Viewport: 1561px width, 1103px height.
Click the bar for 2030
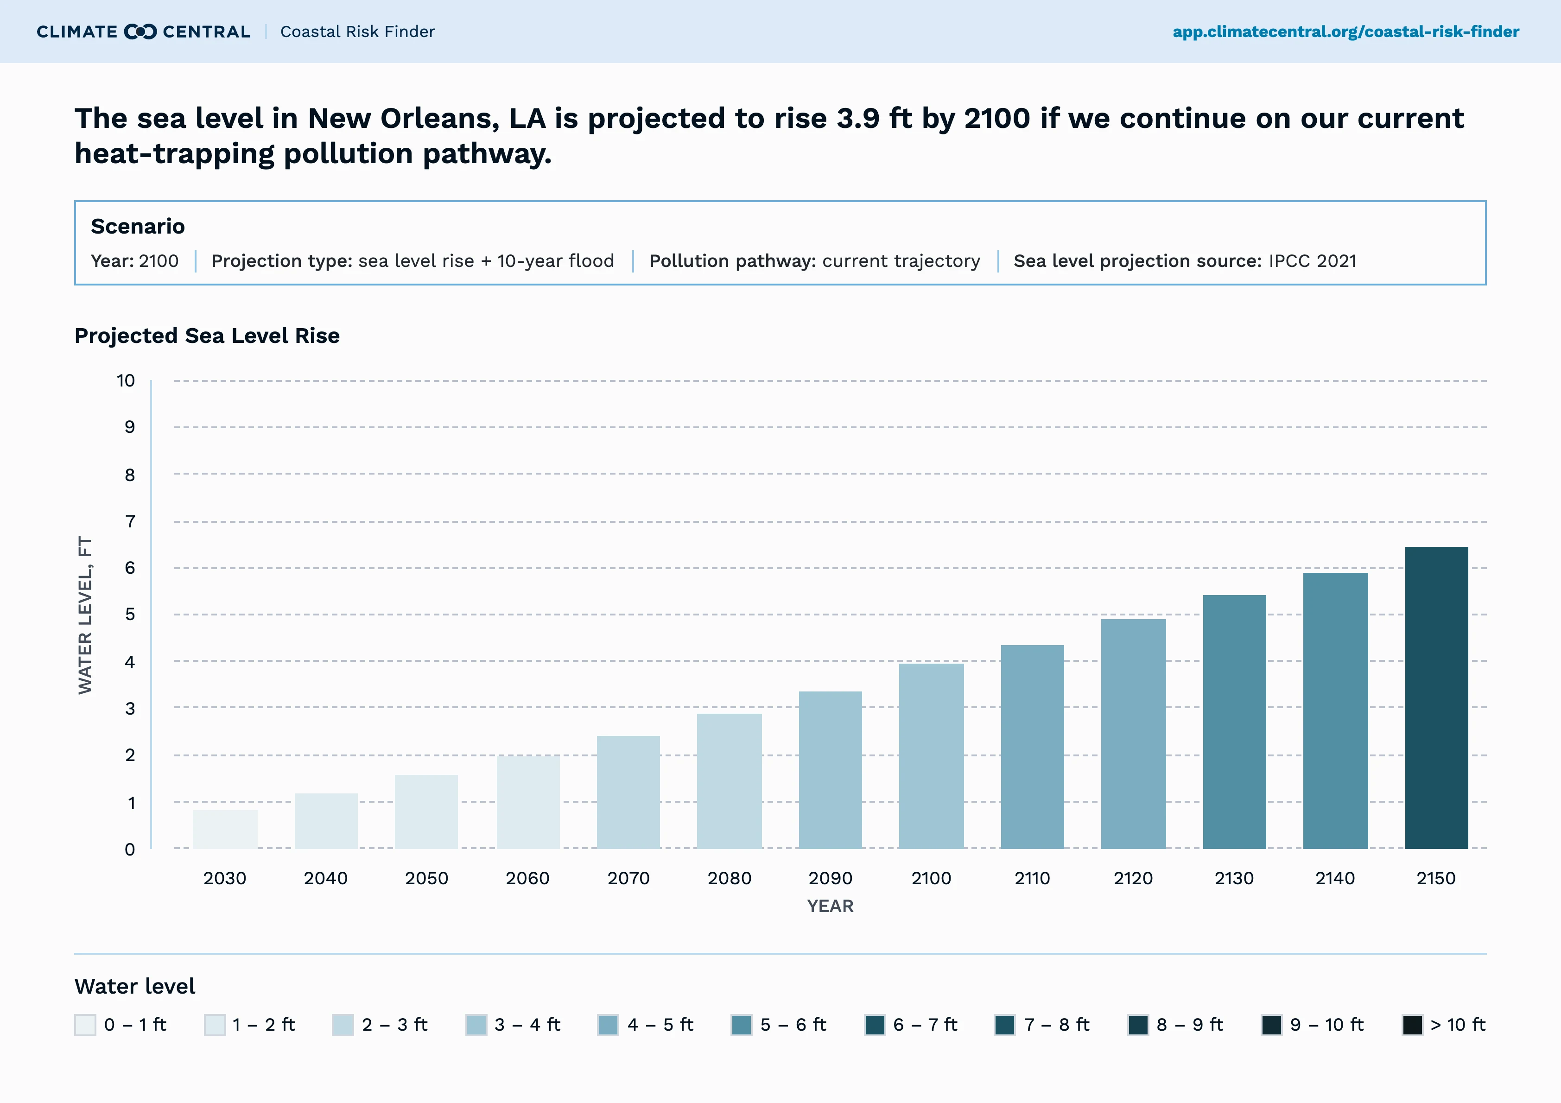[225, 829]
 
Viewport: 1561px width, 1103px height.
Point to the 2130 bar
[1234, 722]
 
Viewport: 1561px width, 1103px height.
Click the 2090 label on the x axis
[830, 879]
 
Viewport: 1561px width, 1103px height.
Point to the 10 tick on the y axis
[126, 381]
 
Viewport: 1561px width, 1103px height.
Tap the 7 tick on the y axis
[130, 521]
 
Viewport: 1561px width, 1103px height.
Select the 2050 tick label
[426, 879]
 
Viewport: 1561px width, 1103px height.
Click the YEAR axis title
[830, 906]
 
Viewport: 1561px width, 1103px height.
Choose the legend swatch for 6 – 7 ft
[875, 1025]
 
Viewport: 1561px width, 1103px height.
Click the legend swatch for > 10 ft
[1412, 1025]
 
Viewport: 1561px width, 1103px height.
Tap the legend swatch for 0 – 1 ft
[85, 1025]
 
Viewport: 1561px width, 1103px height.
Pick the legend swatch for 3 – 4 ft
[476, 1025]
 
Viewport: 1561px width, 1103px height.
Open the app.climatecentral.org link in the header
[1345, 32]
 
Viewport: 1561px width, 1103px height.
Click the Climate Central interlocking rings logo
[141, 32]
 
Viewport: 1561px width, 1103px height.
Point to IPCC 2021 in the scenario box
[1312, 261]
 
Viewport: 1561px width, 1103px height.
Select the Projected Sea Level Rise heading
[207, 336]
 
